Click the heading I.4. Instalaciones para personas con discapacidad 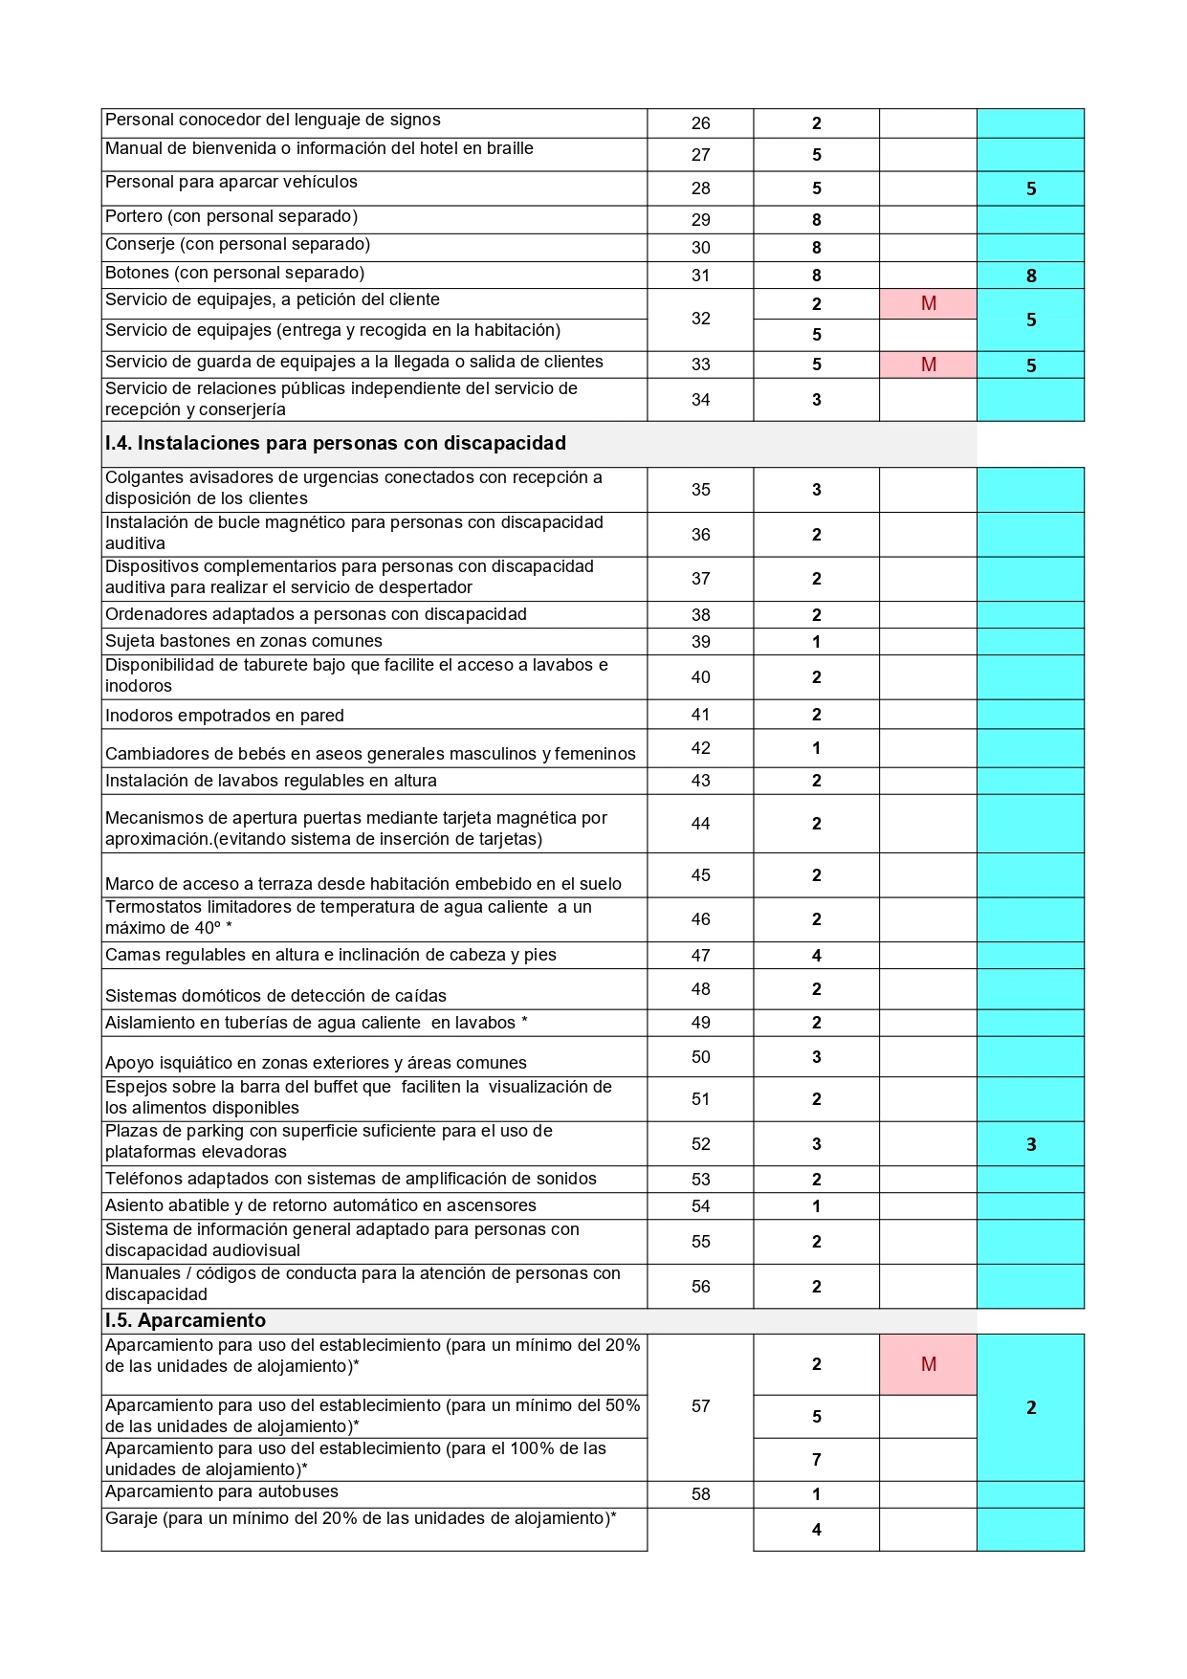336,443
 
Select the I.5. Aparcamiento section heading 186,1320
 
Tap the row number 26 700,123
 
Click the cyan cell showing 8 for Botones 1030,276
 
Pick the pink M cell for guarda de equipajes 928,365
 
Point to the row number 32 700,319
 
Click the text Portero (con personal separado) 231,216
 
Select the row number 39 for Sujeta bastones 700,642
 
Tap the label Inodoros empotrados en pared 225,716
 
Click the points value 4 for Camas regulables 816,956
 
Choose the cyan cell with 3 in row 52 1030,1144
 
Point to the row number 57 700,1406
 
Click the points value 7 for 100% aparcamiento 816,1460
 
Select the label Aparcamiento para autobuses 222,1491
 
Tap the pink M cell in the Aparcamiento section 928,1364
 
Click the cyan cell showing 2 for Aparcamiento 1030,1407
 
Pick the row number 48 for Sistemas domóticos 700,989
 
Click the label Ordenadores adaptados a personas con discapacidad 316,614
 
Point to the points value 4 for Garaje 816,1530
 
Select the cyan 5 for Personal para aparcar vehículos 1030,188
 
